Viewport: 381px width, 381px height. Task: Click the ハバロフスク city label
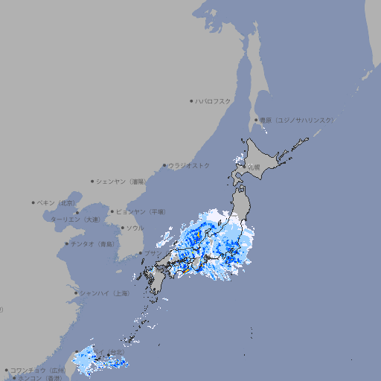[214, 100]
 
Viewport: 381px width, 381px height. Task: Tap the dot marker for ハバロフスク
[191, 100]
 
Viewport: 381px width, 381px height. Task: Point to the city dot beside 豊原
[256, 120]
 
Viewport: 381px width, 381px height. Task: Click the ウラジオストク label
[189, 165]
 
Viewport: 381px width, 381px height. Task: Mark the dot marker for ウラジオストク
[164, 165]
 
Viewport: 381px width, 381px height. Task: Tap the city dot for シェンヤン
[92, 181]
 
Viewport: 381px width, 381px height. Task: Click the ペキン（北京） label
[57, 202]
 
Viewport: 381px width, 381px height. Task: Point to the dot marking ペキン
[33, 202]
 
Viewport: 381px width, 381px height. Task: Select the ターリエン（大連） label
[75, 220]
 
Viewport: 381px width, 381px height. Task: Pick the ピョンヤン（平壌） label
[141, 211]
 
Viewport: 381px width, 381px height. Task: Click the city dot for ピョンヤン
[112, 211]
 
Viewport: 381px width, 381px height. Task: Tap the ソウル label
[135, 228]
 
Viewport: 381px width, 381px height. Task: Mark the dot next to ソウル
[121, 228]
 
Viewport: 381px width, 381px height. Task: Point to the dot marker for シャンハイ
[75, 293]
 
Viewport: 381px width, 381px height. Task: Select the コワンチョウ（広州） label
[38, 370]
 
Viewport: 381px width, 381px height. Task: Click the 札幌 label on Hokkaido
[254, 167]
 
